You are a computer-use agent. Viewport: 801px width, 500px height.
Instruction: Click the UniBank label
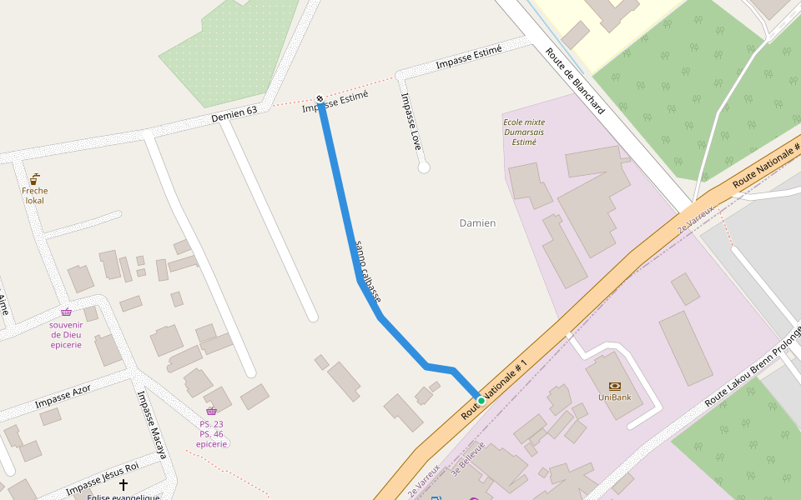pos(614,397)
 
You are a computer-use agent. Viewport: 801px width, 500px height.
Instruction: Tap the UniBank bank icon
pos(615,386)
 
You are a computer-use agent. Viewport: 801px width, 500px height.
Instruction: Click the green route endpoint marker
pos(481,401)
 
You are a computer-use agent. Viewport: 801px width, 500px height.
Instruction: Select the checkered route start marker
pos(320,99)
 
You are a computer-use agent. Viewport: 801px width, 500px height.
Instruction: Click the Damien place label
pos(477,223)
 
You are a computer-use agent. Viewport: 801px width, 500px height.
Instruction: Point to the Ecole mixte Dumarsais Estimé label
pos(524,132)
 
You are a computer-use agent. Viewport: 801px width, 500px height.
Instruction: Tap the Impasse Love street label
pos(411,121)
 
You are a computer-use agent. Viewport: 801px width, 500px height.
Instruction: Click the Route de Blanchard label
pos(575,80)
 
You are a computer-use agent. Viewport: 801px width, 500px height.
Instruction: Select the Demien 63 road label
pos(234,114)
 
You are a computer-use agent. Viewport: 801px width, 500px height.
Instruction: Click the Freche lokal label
pos(34,195)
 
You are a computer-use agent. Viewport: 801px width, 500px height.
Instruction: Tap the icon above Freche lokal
pos(34,179)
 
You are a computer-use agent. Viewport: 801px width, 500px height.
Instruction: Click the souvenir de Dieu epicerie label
pos(66,334)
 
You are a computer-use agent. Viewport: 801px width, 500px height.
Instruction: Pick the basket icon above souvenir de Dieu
pos(66,312)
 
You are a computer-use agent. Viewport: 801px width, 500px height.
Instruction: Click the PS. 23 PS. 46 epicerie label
pos(211,433)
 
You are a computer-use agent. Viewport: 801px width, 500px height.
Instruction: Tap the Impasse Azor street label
pos(63,397)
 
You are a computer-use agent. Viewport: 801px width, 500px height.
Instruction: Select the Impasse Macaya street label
pos(152,425)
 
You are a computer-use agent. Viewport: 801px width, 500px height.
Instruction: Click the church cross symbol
pos(123,484)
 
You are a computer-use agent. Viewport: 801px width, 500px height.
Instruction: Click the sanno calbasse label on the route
pos(368,271)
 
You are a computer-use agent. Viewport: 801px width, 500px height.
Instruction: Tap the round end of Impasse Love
pos(424,167)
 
